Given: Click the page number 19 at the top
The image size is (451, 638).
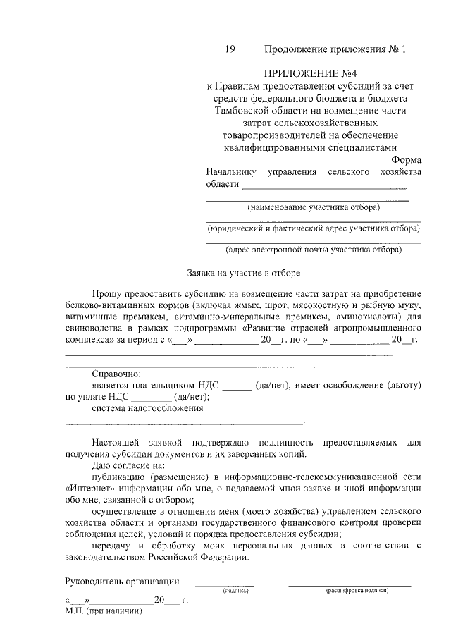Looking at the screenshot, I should pos(229,49).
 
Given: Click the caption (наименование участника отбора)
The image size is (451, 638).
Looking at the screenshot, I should pos(313,207).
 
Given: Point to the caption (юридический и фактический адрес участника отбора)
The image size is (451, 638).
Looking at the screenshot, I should pos(313,228).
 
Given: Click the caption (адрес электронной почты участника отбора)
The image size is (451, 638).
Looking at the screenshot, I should pos(313,249).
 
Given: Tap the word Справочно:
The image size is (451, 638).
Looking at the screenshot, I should pos(117,374).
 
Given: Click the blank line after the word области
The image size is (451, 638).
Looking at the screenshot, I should pos(325,187).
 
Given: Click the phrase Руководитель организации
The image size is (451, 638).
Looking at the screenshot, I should pos(121,582).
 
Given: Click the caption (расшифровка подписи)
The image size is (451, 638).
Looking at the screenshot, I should pos(357,591).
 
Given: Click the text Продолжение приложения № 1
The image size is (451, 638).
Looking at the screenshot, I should pos(335,49).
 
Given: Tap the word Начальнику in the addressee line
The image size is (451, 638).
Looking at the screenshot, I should pos(229,173).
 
